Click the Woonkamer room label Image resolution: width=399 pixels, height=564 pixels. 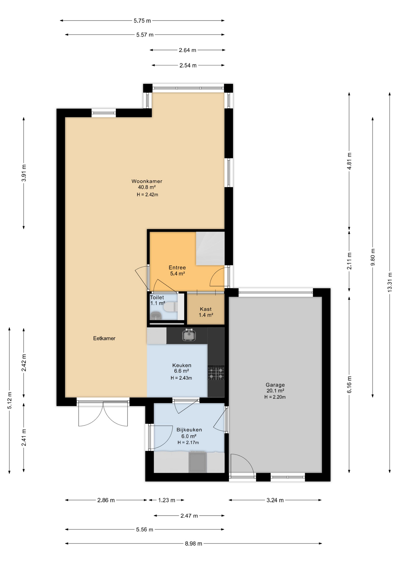(147, 181)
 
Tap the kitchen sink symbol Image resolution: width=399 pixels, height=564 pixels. (189, 335)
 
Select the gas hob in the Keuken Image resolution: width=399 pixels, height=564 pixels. (216, 373)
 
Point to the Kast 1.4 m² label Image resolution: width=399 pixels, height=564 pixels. (206, 312)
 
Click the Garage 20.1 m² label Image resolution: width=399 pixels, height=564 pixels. (275, 388)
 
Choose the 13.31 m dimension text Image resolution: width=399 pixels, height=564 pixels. (390, 282)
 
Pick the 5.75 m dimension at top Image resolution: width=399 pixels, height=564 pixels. (142, 21)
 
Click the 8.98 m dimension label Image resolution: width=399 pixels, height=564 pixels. (193, 543)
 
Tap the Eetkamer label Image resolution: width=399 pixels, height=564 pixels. (104, 338)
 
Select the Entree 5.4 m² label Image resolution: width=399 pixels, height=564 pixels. (177, 271)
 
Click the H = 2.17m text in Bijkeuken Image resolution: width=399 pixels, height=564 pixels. (188, 442)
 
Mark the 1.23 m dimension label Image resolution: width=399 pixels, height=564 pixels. (167, 500)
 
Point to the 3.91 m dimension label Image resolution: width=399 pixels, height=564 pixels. (24, 173)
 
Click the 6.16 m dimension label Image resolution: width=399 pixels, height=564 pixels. (349, 385)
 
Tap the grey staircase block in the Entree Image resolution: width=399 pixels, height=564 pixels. (210, 248)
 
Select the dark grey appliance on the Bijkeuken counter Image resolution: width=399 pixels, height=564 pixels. (197, 462)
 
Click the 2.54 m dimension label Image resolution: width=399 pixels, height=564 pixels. (188, 65)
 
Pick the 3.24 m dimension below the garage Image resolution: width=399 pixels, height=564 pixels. (275, 500)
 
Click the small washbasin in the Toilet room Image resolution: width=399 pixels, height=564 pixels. (155, 316)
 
